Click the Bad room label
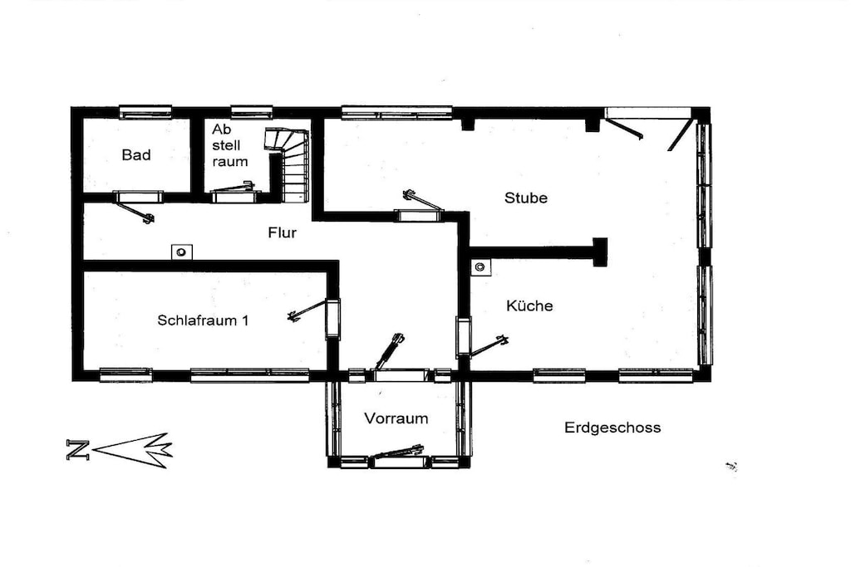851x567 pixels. point(136,155)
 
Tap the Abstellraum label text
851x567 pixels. point(229,145)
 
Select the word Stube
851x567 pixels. point(525,198)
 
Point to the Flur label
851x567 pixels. point(283,232)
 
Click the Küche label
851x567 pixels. point(529,305)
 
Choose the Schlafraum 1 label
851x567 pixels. point(203,320)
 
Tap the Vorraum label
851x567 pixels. point(396,418)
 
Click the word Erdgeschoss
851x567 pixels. point(612,428)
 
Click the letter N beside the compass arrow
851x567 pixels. point(77,450)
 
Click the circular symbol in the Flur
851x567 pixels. point(182,252)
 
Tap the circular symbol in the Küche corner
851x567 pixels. point(480,266)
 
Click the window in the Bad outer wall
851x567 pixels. point(145,112)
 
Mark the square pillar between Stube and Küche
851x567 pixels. point(600,252)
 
